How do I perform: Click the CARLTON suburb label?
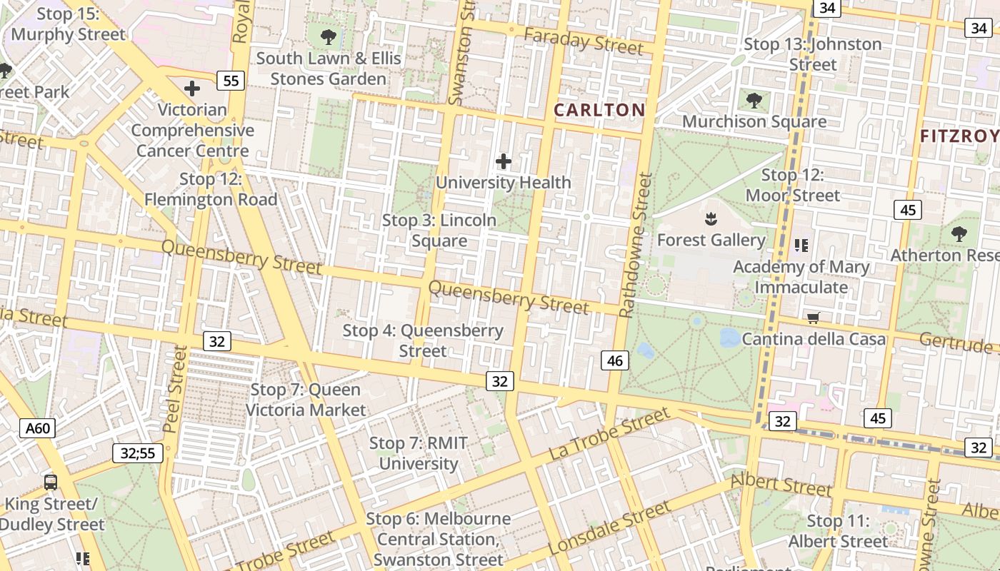click(599, 110)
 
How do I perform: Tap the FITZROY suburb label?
click(959, 136)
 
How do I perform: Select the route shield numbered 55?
click(231, 81)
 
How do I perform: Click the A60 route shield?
click(38, 428)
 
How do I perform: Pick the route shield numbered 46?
click(614, 361)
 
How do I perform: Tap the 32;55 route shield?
click(138, 453)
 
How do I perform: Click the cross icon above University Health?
click(504, 161)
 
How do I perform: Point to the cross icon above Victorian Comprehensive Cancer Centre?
click(191, 89)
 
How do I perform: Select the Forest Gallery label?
click(711, 240)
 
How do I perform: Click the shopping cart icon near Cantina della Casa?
click(813, 318)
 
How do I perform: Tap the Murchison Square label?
click(754, 121)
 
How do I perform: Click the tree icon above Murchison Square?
click(754, 99)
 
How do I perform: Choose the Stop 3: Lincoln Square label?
click(439, 231)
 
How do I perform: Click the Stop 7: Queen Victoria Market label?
click(306, 400)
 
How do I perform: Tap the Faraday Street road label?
click(583, 41)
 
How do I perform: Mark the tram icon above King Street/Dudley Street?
click(50, 482)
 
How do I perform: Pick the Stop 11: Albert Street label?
click(839, 531)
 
